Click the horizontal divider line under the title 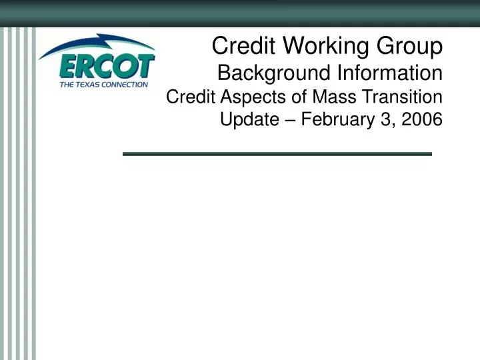(277, 154)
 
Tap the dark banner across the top (240, 13)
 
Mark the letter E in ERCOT (69, 67)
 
